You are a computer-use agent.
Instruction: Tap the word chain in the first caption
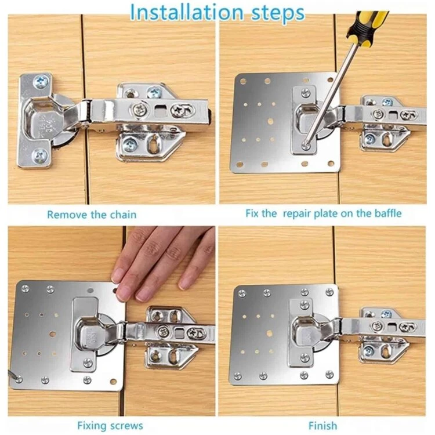[x=123, y=215]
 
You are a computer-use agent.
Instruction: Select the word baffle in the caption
[x=388, y=213]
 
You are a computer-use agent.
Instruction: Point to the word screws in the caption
[x=126, y=426]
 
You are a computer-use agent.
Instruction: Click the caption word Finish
[x=323, y=426]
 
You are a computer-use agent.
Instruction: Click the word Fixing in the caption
[x=92, y=426]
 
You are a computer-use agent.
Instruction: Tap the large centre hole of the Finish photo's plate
[x=269, y=333]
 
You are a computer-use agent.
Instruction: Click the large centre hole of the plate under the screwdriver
[x=270, y=121]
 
